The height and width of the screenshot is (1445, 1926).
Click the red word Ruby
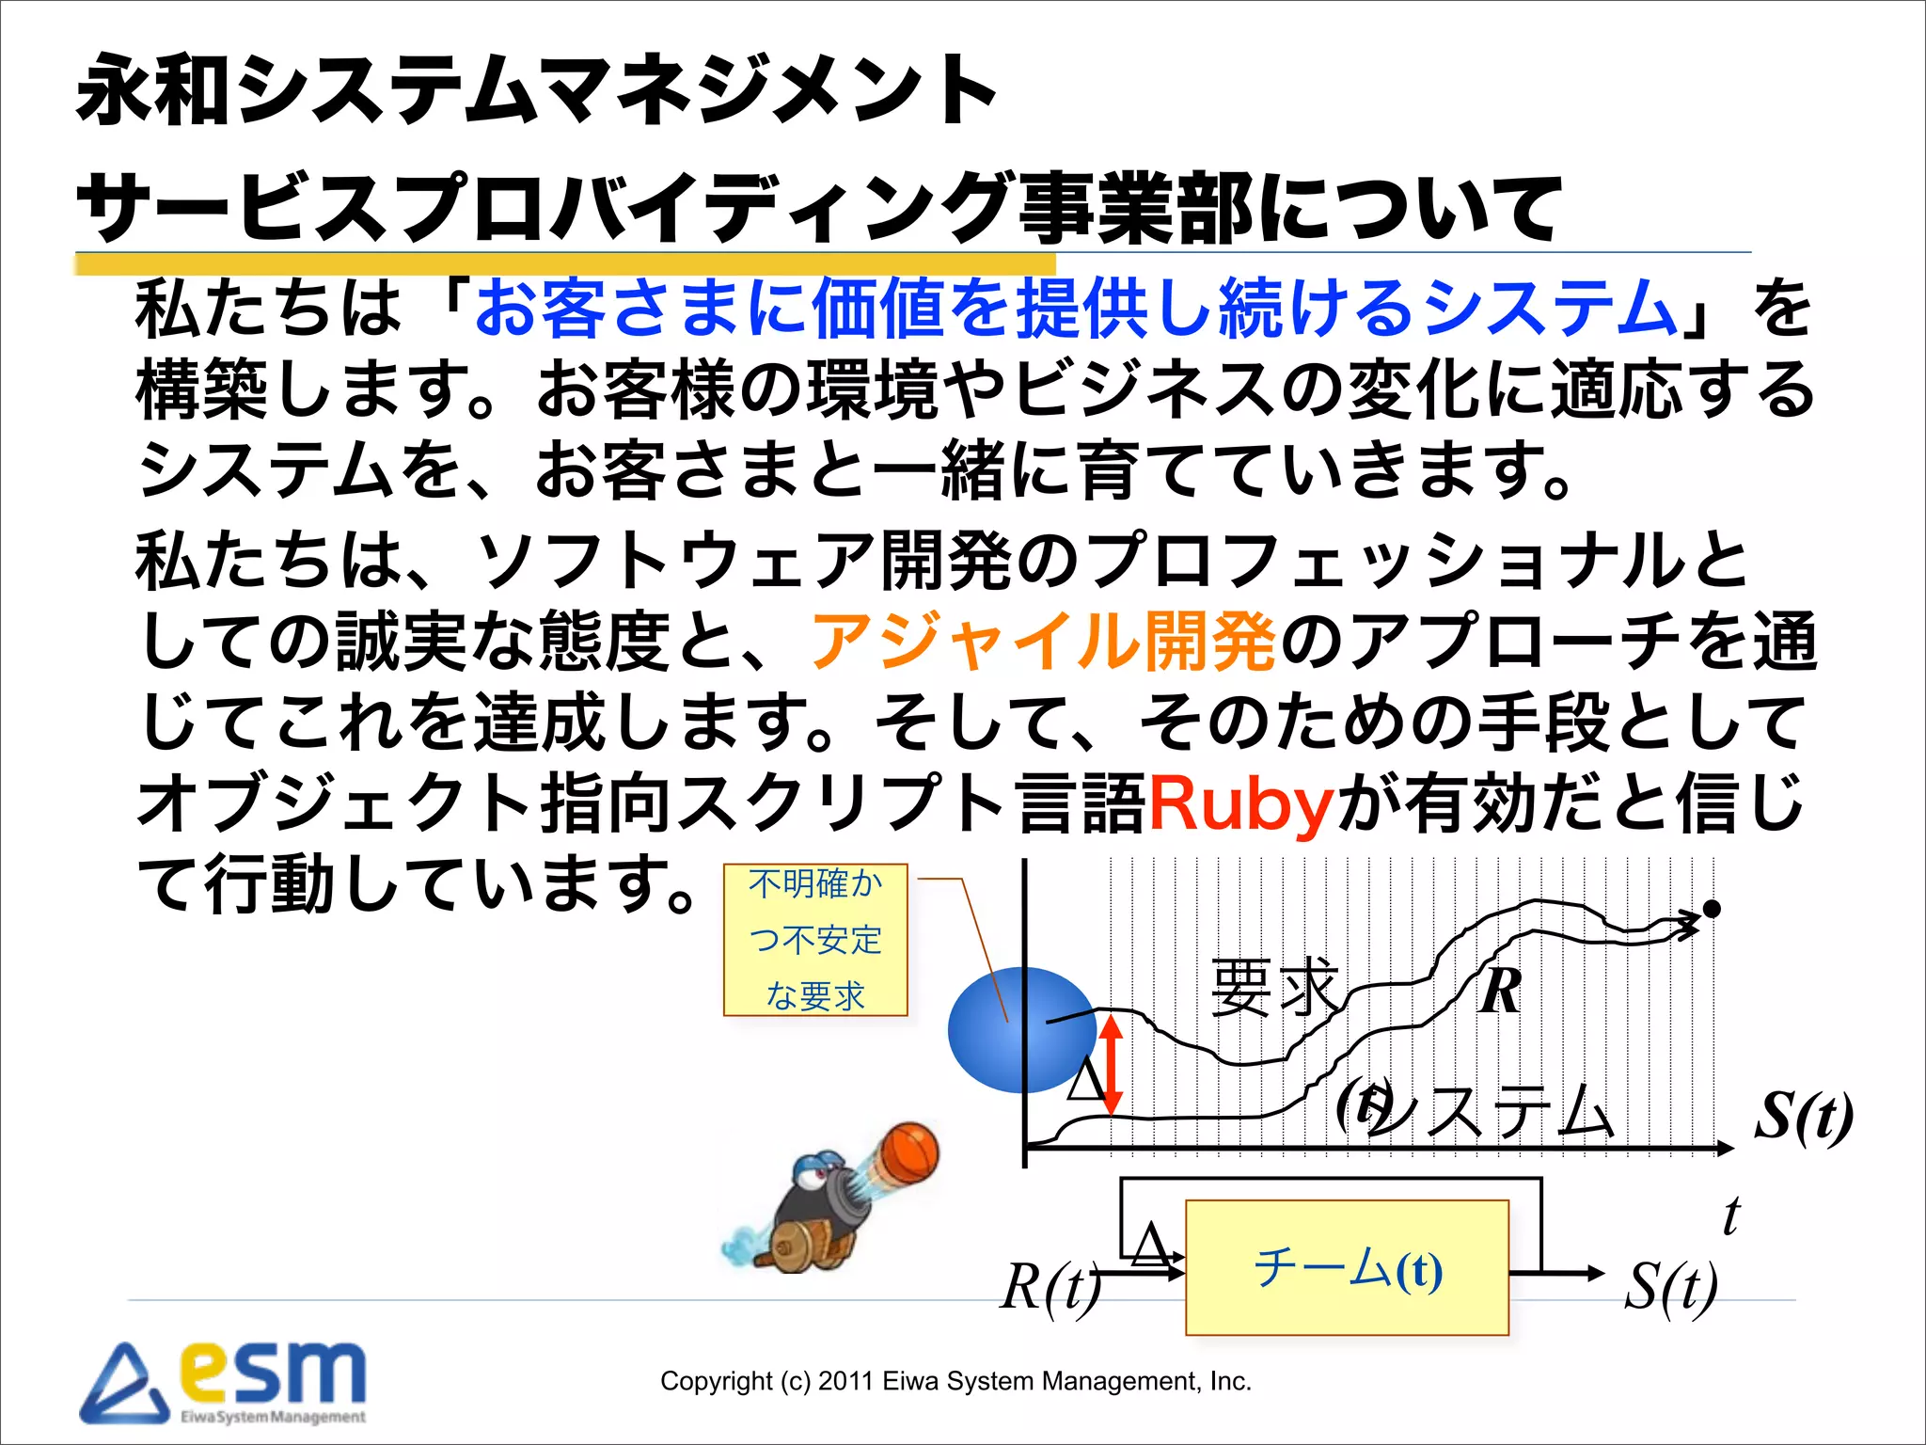click(x=1239, y=804)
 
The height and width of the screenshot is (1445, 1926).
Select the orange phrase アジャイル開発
click(x=1042, y=642)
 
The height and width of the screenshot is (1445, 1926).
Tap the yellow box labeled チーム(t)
click(x=1347, y=1268)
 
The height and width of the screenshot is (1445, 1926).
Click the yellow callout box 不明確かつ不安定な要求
click(x=815, y=940)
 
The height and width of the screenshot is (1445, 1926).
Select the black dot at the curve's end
click(x=1712, y=909)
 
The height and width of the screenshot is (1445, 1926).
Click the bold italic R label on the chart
click(x=1500, y=991)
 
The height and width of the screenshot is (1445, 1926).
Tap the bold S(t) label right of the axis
click(x=1804, y=1117)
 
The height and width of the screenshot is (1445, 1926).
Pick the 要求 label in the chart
click(x=1274, y=987)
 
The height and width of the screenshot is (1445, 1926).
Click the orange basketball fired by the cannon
click(x=909, y=1152)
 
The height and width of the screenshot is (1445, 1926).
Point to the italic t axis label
click(x=1730, y=1215)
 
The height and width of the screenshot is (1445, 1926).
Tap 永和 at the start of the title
click(x=154, y=90)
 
